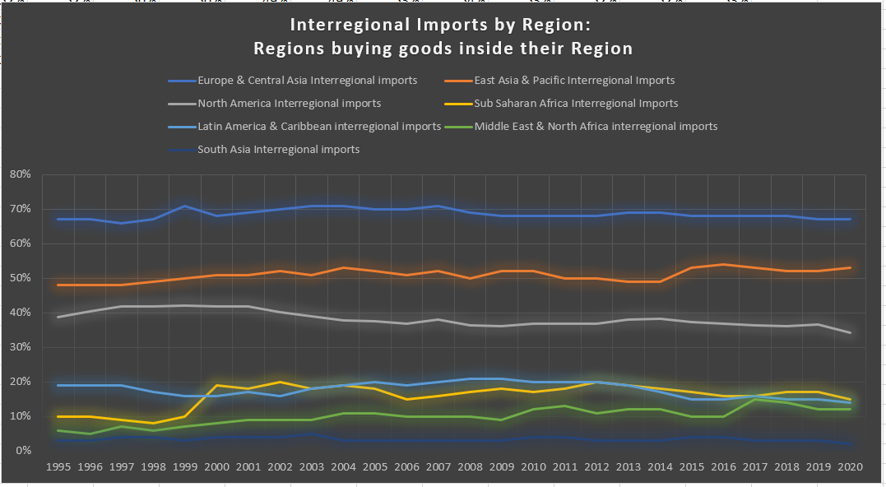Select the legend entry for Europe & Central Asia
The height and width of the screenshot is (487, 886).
(x=307, y=81)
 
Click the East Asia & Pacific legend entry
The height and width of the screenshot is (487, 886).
(x=573, y=81)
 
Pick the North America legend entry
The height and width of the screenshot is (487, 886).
(x=289, y=104)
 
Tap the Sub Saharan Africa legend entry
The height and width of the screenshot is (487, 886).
(x=575, y=104)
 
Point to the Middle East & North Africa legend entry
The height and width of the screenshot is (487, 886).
(x=596, y=127)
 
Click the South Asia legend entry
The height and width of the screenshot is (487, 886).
(x=278, y=150)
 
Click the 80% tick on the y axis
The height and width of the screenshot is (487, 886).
(x=21, y=174)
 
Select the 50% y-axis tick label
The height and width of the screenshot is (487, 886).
(x=21, y=278)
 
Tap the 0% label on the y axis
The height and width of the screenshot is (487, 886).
(x=23, y=451)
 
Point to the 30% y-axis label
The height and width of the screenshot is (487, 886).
(x=21, y=347)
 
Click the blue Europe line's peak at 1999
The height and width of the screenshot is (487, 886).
(x=185, y=206)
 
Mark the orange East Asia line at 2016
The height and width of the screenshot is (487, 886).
(x=723, y=264)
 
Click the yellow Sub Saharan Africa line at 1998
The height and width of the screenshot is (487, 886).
(x=153, y=423)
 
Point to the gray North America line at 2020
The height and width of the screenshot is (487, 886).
(x=850, y=332)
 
